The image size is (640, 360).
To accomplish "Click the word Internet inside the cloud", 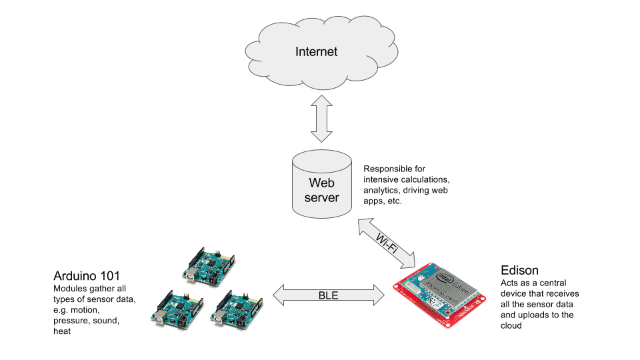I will (317, 51).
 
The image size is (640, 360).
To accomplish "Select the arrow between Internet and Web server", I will (322, 118).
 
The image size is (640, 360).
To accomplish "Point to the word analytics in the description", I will (382, 190).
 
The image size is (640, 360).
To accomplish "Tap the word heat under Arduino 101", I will (62, 331).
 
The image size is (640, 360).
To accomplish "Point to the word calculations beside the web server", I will (425, 179).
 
